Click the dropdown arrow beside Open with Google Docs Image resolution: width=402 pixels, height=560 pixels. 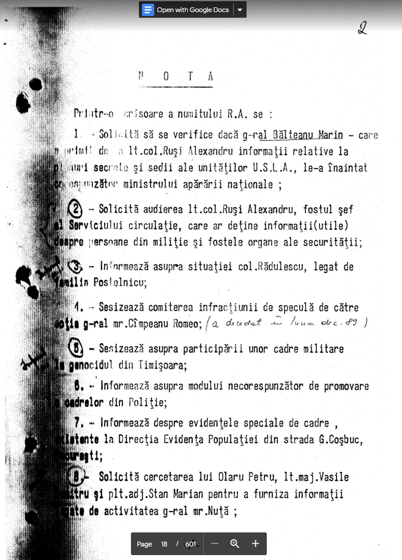tap(240, 10)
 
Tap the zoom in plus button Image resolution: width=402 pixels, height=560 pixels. tap(255, 544)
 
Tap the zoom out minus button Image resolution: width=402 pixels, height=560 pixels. tap(214, 544)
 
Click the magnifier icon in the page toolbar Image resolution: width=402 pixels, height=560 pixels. tap(234, 544)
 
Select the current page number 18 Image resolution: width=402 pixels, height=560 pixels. tap(164, 544)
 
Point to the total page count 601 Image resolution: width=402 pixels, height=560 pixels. tap(190, 544)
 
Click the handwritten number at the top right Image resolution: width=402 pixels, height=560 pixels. tap(362, 27)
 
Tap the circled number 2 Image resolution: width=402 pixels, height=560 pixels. tap(75, 210)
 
